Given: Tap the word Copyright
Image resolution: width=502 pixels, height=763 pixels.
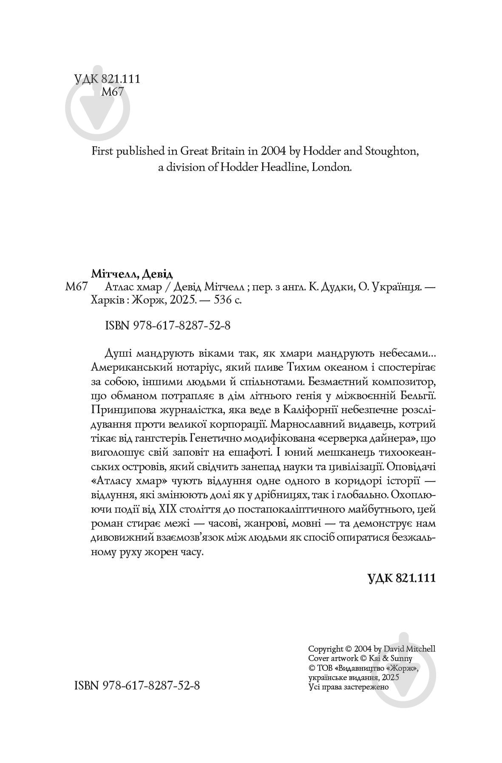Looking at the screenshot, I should coord(325,649).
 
